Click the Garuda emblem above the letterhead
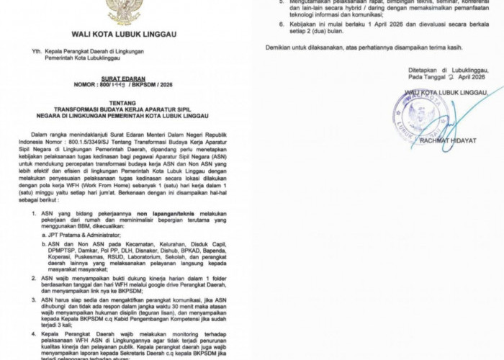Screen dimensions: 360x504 click(123, 9)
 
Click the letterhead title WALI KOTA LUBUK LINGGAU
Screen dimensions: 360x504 click(124, 34)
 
